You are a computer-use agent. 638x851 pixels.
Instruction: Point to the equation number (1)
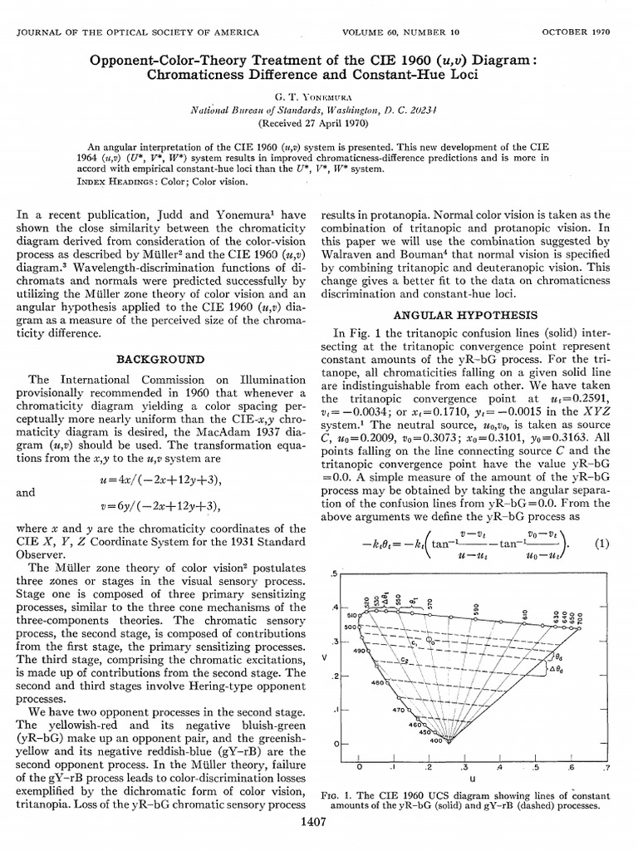[602, 544]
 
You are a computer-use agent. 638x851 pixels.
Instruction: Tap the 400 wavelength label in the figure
[448, 739]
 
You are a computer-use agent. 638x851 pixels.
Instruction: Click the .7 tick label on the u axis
[606, 767]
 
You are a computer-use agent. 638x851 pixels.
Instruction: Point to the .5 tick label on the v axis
[334, 574]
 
